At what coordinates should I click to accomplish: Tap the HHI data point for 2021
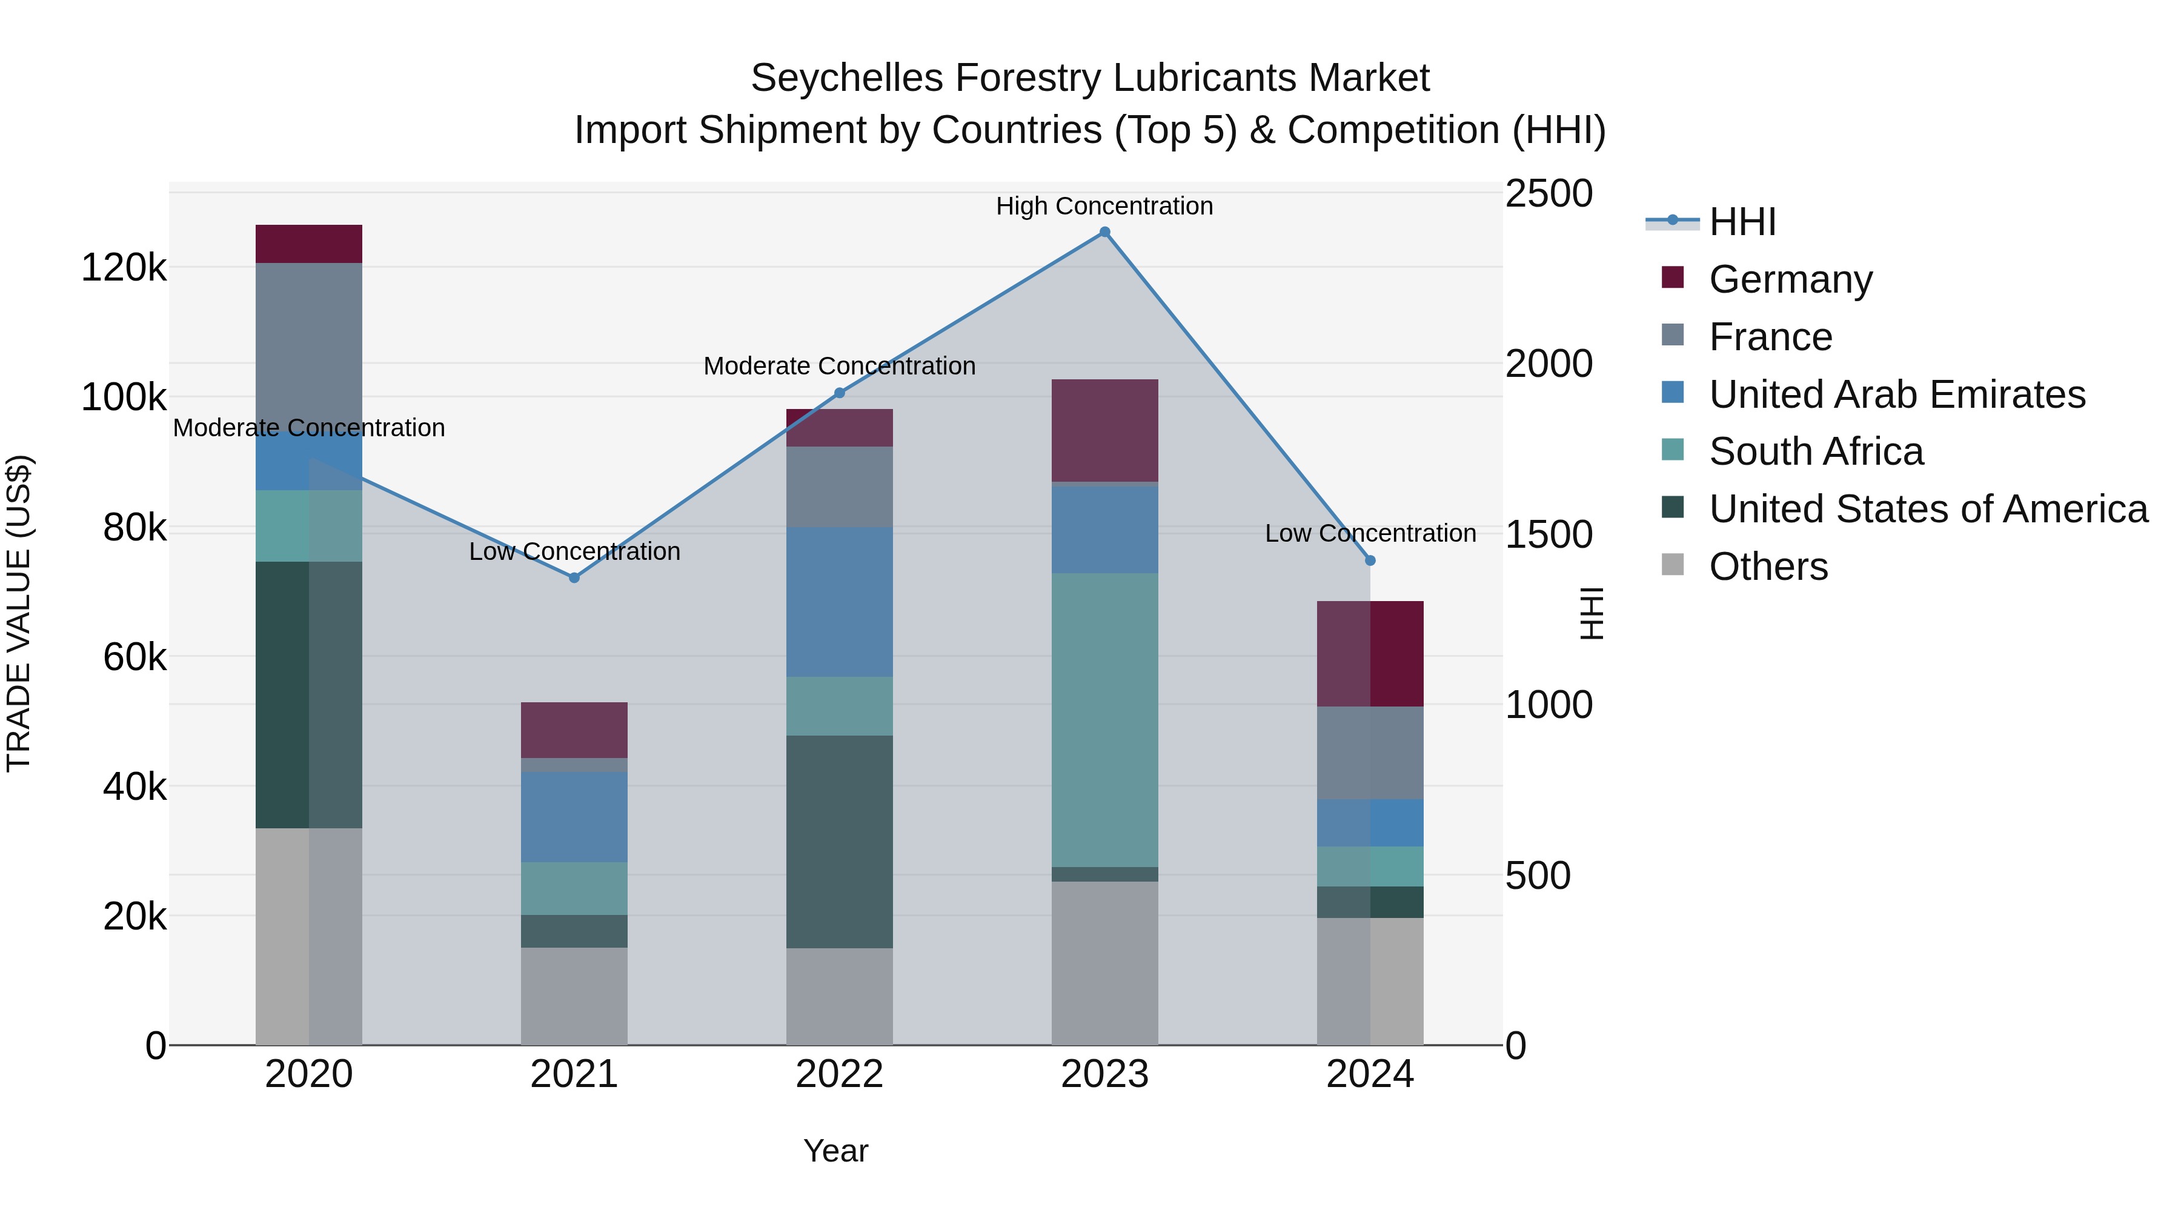click(x=574, y=577)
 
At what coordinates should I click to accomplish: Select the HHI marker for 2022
click(x=839, y=393)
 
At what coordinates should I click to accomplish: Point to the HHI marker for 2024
click(x=1370, y=560)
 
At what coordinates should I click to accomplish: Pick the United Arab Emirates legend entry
click(x=1896, y=394)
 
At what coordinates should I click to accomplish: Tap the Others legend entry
click(x=1768, y=567)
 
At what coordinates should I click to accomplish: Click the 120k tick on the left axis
click(x=124, y=268)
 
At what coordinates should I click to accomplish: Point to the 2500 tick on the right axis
click(x=1549, y=194)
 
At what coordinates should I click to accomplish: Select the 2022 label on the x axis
click(x=839, y=1074)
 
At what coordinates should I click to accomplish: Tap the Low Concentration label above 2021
click(x=574, y=551)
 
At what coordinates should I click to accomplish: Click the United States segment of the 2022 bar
click(x=839, y=841)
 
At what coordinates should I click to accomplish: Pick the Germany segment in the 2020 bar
click(x=309, y=244)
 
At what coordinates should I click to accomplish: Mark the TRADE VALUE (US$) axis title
click(x=19, y=613)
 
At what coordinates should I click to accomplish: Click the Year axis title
click(x=835, y=1151)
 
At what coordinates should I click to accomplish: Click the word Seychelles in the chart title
click(x=847, y=78)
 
